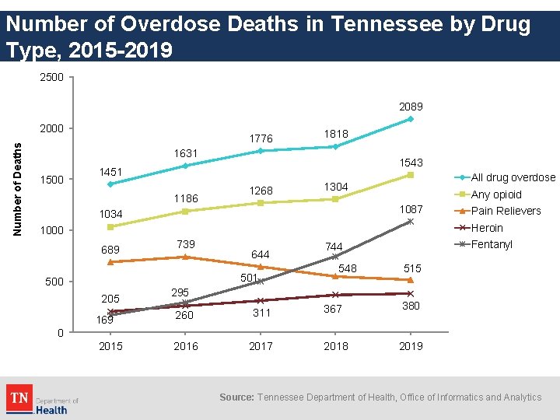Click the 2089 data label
pyautogui.click(x=411, y=106)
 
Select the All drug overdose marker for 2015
pyautogui.click(x=110, y=184)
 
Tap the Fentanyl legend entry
pyautogui.click(x=492, y=244)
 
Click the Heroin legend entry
pyautogui.click(x=487, y=228)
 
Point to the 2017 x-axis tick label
pyautogui.click(x=261, y=346)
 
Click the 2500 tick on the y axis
pyautogui.click(x=53, y=77)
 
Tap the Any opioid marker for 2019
pyautogui.click(x=411, y=175)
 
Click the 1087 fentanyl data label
pyautogui.click(x=411, y=208)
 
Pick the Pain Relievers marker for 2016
pyautogui.click(x=186, y=257)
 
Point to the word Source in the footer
pyautogui.click(x=236, y=397)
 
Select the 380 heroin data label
pyautogui.click(x=411, y=306)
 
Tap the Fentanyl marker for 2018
pyautogui.click(x=335, y=256)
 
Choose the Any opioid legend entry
pyautogui.click(x=496, y=194)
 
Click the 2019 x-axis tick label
pyautogui.click(x=411, y=346)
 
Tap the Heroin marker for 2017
pyautogui.click(x=261, y=301)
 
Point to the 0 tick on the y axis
pyautogui.click(x=60, y=333)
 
